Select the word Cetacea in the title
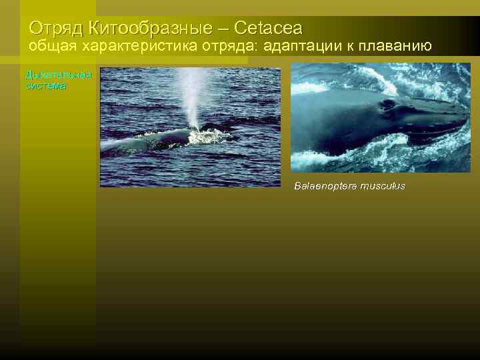coord(268,29)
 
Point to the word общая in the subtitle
coord(52,47)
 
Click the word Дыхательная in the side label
coord(58,75)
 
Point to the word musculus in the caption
coord(383,186)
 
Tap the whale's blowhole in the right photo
coord(385,105)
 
